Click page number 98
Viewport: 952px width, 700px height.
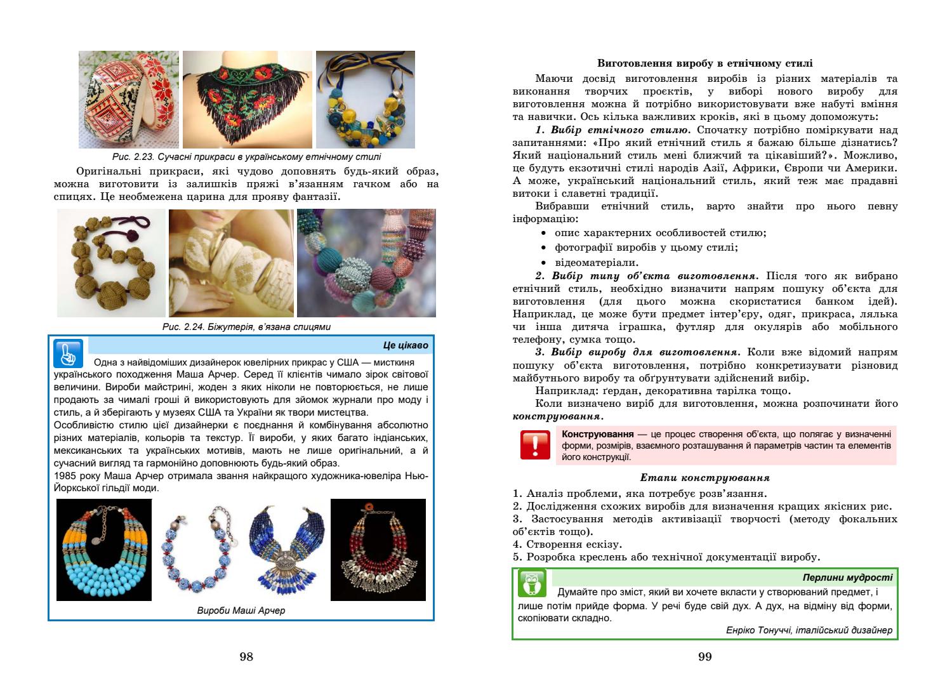(x=246, y=657)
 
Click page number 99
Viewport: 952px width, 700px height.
(x=705, y=657)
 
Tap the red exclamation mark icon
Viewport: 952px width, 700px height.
(x=535, y=446)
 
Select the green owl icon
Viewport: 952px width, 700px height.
(x=532, y=583)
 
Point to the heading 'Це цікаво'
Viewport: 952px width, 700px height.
(x=406, y=346)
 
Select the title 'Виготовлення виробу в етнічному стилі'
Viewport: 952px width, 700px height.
(x=705, y=63)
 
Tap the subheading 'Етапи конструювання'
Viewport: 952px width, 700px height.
(x=705, y=478)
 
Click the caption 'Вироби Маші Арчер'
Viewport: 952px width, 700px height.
(x=241, y=611)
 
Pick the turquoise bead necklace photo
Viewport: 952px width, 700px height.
(x=104, y=550)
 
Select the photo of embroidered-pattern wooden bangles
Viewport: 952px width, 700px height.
(x=129, y=100)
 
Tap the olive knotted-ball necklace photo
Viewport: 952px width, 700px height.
(x=111, y=263)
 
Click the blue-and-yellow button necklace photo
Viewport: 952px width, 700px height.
(x=365, y=100)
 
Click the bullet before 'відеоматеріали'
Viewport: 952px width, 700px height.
(x=544, y=263)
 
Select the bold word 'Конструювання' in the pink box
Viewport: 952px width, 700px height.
(x=598, y=434)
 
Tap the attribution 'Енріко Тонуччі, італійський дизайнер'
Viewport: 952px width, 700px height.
(x=809, y=630)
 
